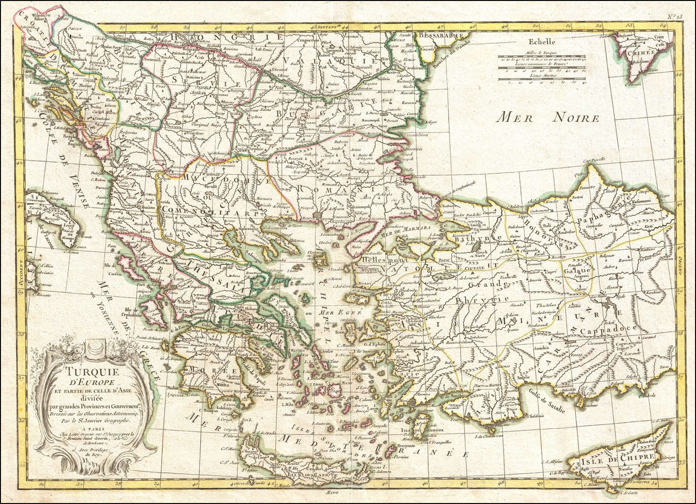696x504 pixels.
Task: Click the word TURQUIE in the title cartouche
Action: tap(87, 371)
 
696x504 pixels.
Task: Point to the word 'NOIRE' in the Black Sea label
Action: tap(577, 118)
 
